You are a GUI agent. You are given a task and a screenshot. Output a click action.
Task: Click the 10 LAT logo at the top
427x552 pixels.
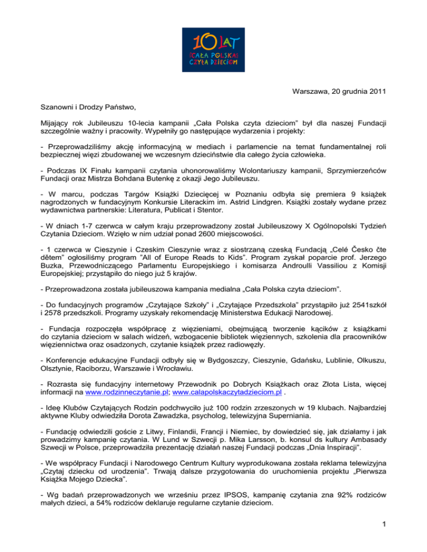pyautogui.click(x=213, y=49)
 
